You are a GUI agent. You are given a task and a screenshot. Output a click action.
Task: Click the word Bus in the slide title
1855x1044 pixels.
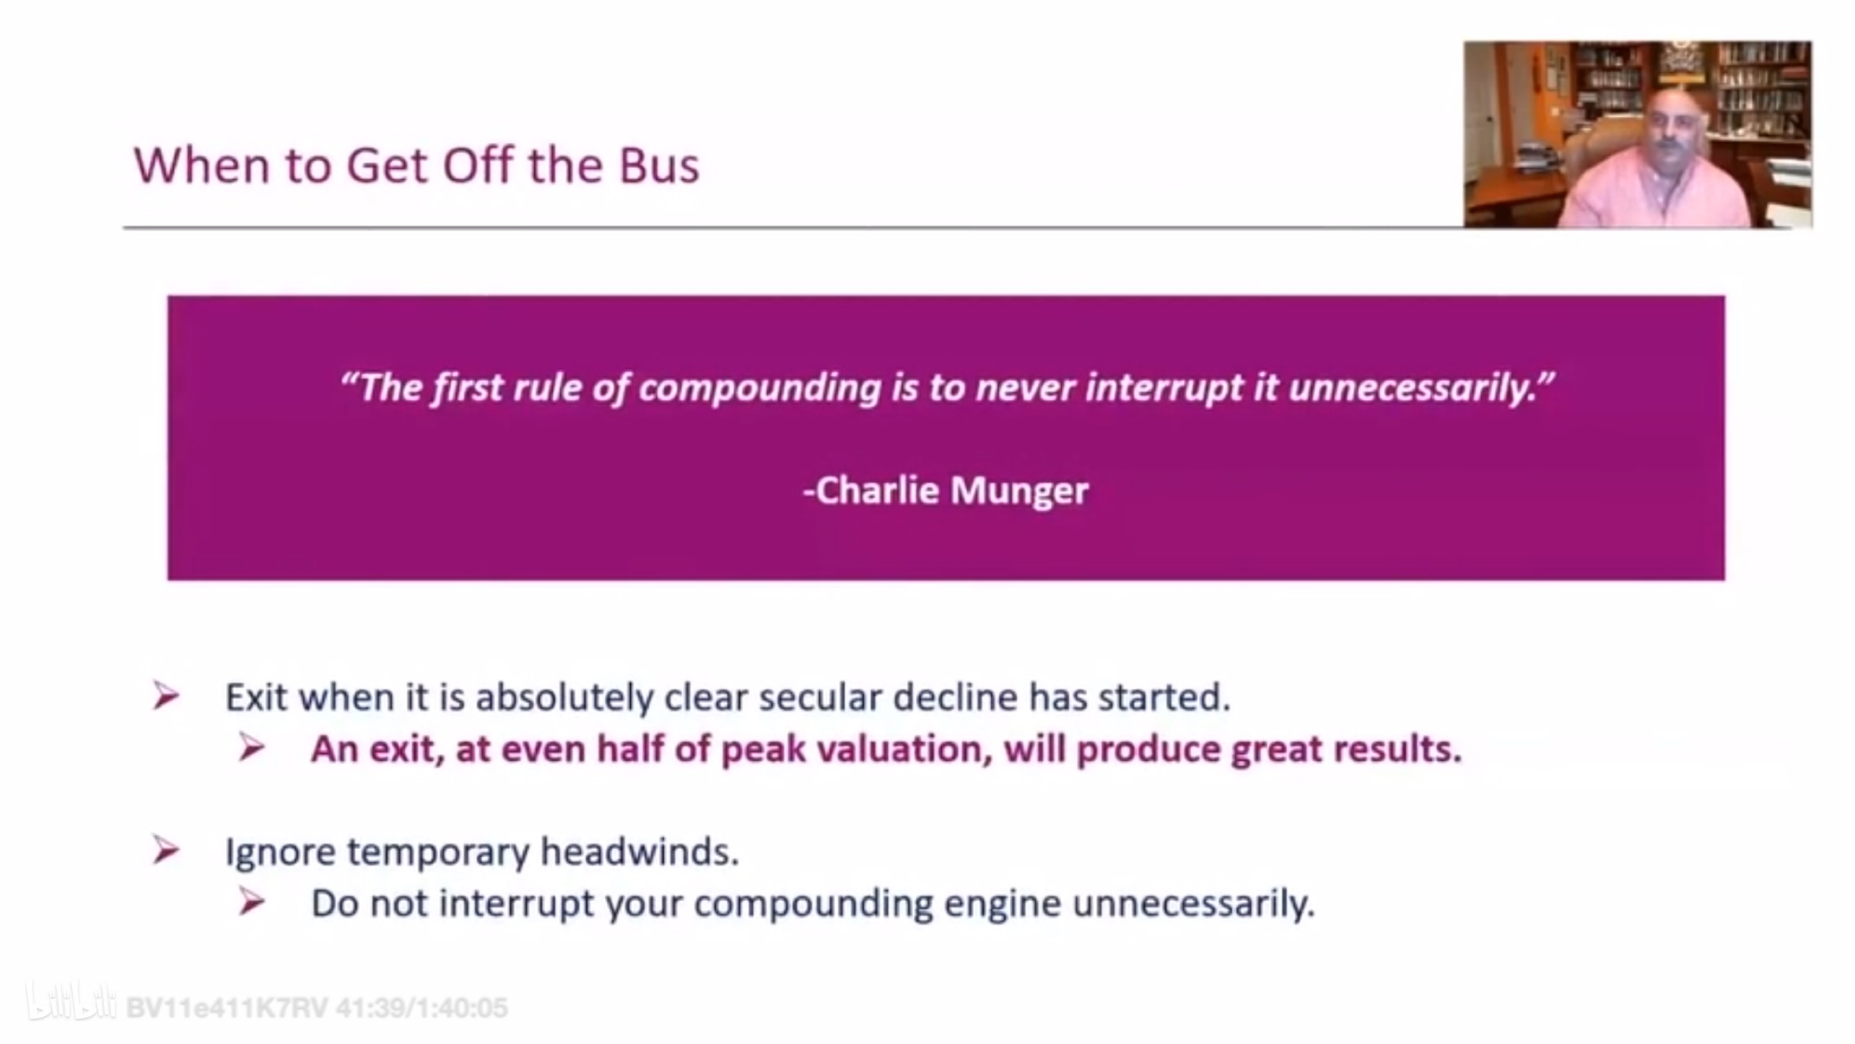(659, 166)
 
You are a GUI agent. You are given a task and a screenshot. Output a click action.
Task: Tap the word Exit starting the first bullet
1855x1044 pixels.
(257, 698)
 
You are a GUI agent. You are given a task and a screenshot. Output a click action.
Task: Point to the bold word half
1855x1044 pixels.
(630, 749)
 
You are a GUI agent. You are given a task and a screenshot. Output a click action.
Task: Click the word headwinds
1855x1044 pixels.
(639, 852)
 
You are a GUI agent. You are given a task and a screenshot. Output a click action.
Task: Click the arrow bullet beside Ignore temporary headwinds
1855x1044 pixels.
(166, 851)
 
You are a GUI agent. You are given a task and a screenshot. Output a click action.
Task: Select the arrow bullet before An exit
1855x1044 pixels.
(251, 747)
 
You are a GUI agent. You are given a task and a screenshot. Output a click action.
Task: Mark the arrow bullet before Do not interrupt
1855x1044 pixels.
(251, 902)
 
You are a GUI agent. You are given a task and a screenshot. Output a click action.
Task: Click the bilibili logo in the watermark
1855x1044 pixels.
(71, 1003)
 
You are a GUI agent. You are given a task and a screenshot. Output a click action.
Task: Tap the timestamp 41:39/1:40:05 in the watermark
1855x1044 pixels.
(422, 1008)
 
